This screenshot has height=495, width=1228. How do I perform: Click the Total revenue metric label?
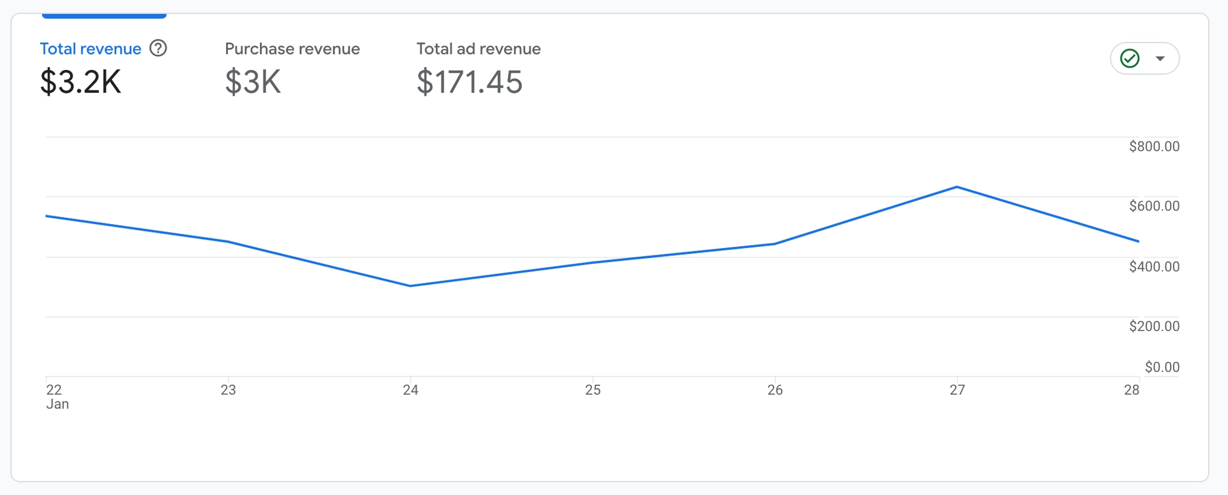91,49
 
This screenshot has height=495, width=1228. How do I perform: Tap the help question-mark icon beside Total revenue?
158,48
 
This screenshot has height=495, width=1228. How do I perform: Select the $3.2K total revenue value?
80,82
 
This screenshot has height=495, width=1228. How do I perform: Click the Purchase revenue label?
292,49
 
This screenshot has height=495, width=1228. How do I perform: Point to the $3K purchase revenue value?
252,82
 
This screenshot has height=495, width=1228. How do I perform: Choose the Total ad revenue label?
478,49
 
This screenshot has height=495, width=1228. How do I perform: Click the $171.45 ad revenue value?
469,82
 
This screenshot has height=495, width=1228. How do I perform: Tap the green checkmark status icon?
1130,59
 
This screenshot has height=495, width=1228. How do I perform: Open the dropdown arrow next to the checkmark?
1160,59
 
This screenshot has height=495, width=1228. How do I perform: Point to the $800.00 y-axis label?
1154,146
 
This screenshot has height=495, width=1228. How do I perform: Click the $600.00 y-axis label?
1154,206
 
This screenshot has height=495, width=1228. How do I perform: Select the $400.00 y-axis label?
1154,266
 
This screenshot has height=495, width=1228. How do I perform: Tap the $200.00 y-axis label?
1154,326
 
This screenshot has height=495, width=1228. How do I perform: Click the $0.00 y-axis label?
1161,367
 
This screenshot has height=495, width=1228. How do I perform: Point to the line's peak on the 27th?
957,187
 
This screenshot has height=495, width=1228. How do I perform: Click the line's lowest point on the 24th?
410,286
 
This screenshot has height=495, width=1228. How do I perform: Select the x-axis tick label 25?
592,390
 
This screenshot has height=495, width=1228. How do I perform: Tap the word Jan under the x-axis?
58,405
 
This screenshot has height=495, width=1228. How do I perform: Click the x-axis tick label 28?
1131,390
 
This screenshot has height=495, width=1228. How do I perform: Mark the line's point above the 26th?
775,244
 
